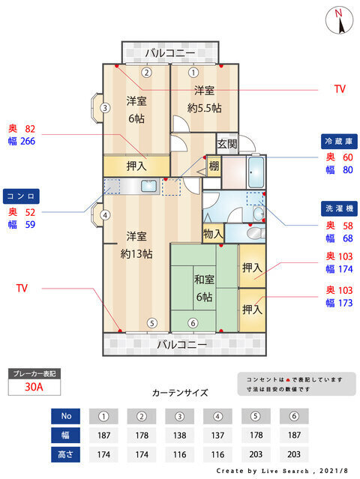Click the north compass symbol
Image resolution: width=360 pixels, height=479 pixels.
point(339,20)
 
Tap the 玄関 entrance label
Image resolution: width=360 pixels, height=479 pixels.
point(227,144)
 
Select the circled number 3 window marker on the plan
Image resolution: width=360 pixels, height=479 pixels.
point(105,108)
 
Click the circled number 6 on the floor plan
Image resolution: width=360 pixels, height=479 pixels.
point(193,323)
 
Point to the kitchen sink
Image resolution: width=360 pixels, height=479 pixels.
point(148,186)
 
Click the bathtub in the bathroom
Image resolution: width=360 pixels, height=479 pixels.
point(256,172)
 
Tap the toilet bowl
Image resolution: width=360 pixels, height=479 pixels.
point(256,234)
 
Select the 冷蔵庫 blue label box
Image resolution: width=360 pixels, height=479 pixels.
point(339,142)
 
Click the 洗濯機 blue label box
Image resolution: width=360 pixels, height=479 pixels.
point(339,208)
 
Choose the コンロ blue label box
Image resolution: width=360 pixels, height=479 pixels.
point(21,196)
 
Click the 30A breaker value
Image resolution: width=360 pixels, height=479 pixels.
point(34,387)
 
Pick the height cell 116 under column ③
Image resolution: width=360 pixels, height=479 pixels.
point(179,454)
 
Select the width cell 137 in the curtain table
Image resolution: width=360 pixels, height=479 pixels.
point(217,435)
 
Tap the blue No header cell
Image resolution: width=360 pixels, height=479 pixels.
point(66,416)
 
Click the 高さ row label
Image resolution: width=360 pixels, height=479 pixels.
point(66,454)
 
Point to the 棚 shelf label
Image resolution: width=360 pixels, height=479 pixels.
point(214,166)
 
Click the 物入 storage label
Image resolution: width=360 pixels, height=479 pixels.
point(213,235)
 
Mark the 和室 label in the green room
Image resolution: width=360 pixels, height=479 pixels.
point(204,280)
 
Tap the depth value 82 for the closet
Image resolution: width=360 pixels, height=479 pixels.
point(30,129)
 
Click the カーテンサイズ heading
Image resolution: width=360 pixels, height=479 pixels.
point(180,393)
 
